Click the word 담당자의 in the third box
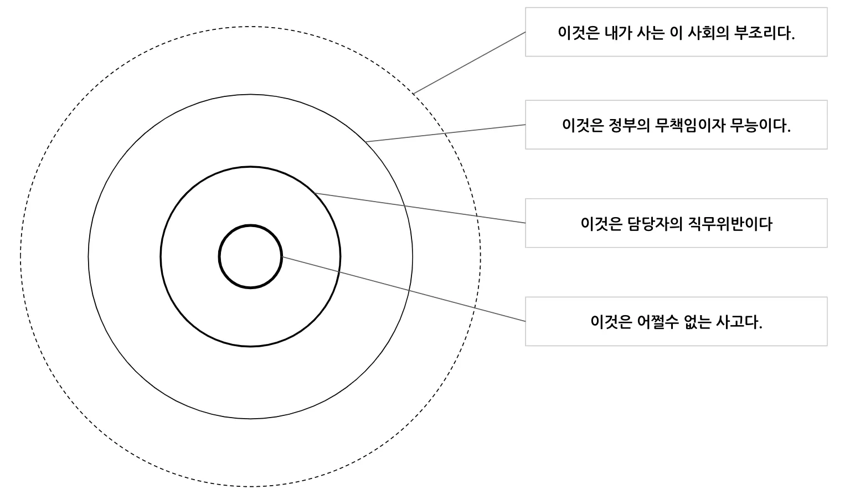(x=654, y=224)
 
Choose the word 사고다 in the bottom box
(x=739, y=322)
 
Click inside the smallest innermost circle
(x=250, y=256)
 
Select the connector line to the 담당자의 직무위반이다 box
(x=421, y=208)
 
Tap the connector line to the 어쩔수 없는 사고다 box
(x=404, y=289)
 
